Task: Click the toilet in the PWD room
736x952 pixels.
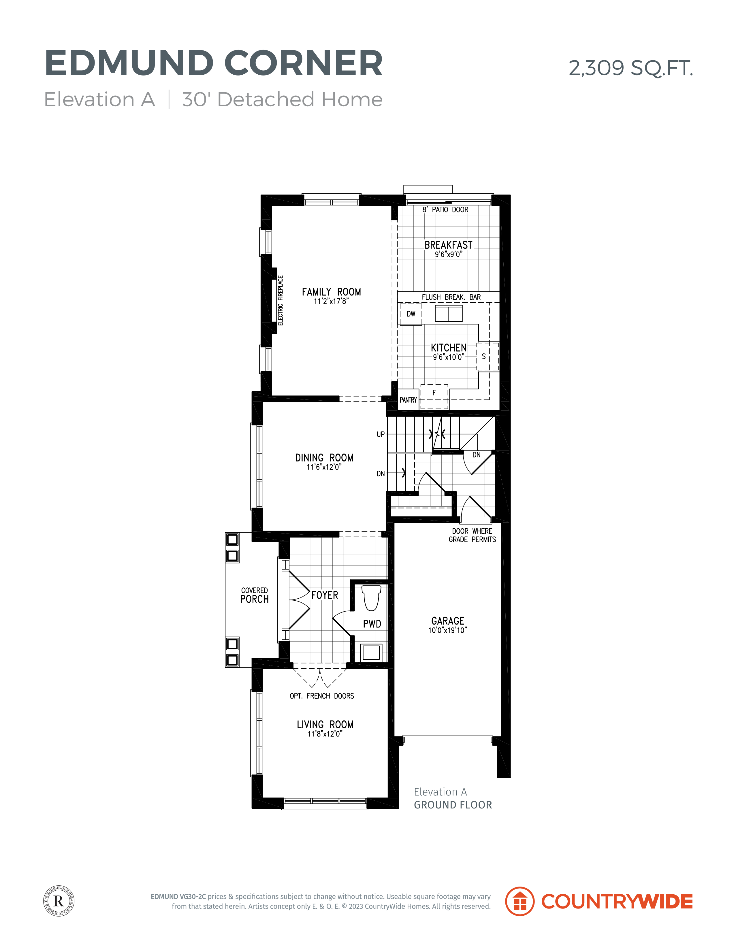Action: pyautogui.click(x=372, y=597)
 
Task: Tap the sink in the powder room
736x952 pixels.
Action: pyautogui.click(x=371, y=653)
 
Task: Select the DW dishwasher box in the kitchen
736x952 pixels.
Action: pyautogui.click(x=411, y=314)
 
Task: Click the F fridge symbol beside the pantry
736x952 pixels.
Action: pyautogui.click(x=434, y=396)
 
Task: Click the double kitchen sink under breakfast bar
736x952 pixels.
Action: pyautogui.click(x=449, y=314)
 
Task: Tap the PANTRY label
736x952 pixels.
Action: pyautogui.click(x=408, y=400)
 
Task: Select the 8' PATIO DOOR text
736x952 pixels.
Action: pyautogui.click(x=445, y=210)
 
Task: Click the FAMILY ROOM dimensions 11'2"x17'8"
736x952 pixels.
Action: pyautogui.click(x=331, y=301)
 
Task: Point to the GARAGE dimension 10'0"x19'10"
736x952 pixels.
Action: pyautogui.click(x=447, y=630)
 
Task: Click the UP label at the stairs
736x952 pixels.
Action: pyautogui.click(x=381, y=434)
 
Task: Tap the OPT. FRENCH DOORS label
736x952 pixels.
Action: pyautogui.click(x=322, y=696)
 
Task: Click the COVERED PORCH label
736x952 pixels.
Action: pyautogui.click(x=255, y=595)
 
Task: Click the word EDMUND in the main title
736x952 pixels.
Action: pyautogui.click(x=129, y=63)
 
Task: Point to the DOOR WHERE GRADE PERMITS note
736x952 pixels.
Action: pyautogui.click(x=472, y=535)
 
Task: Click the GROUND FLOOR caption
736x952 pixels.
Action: pyautogui.click(x=453, y=805)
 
